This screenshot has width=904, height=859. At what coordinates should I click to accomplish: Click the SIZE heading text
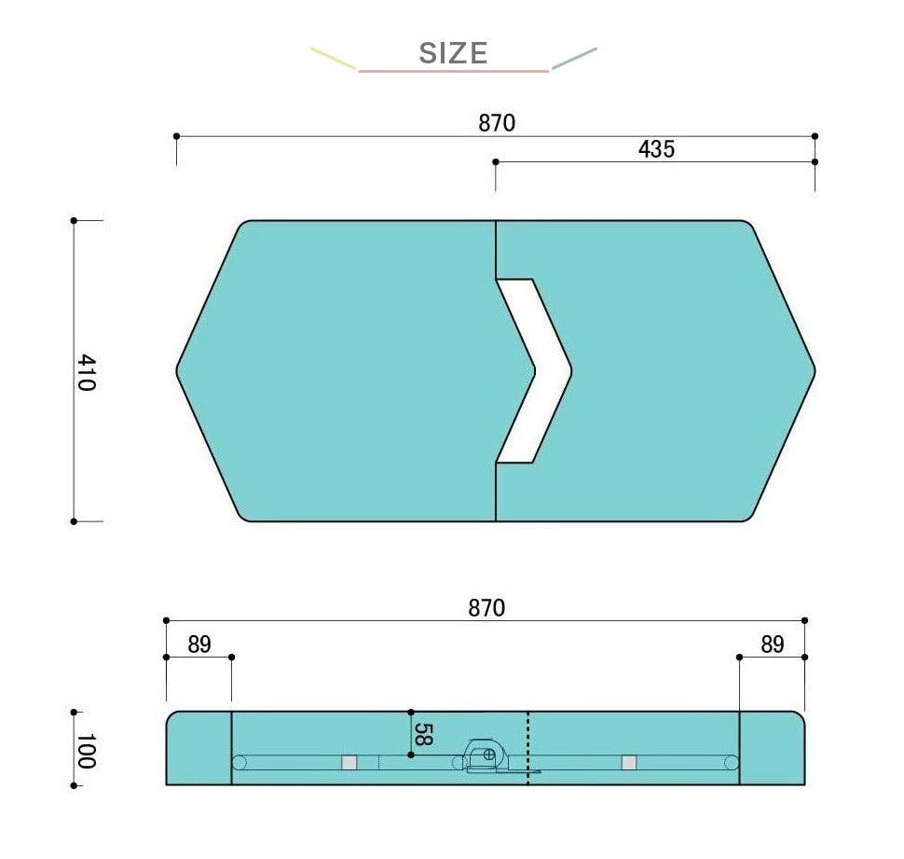pyautogui.click(x=453, y=53)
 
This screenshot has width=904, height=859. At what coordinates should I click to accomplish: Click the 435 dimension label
pyautogui.click(x=656, y=149)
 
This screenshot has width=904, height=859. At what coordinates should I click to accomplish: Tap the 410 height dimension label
pyautogui.click(x=87, y=373)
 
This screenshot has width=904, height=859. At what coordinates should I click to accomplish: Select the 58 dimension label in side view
pyautogui.click(x=423, y=734)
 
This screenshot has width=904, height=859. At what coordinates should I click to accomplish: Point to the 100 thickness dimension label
pyautogui.click(x=86, y=751)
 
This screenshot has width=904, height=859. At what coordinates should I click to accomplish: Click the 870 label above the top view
pyautogui.click(x=497, y=123)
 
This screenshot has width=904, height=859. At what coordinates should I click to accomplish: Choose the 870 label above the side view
pyautogui.click(x=486, y=608)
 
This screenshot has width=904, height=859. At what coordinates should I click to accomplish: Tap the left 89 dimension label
pyautogui.click(x=199, y=644)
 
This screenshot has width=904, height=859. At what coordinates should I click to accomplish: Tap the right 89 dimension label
pyautogui.click(x=772, y=644)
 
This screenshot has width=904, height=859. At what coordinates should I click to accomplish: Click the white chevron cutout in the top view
pyautogui.click(x=553, y=371)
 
